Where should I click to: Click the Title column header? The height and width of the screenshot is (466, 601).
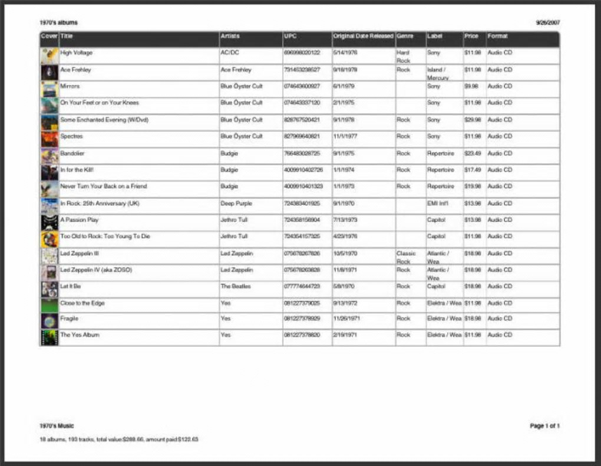pos(67,37)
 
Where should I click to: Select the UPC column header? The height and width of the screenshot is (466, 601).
pos(290,37)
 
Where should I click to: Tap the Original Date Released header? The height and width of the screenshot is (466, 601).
pos(362,37)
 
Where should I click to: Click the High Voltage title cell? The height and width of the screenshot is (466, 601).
pos(77,53)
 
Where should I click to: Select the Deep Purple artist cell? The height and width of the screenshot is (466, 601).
pos(236,204)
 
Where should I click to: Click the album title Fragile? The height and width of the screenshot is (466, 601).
pos(69,319)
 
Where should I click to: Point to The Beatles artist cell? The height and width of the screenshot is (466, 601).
pos(235,287)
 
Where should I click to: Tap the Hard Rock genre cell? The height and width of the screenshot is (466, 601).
pos(403,57)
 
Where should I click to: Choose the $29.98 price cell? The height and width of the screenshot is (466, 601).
pos(472,120)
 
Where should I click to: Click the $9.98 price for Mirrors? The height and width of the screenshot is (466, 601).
pos(471,86)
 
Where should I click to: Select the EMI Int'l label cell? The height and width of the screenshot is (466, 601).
pos(437,204)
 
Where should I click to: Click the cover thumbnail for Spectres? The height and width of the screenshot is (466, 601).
pos(49,139)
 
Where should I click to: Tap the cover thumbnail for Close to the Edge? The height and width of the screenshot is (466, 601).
pos(49,305)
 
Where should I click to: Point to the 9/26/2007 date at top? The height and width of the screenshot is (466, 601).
pos(547,23)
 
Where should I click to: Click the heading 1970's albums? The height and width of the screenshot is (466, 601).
pos(58,23)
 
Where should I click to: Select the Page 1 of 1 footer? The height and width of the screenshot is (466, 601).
pos(544,426)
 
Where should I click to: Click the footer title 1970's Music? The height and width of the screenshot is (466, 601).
pos(57,426)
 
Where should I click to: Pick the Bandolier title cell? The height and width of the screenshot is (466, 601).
pos(72,153)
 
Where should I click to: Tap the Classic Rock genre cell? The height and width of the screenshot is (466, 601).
pos(406,257)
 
